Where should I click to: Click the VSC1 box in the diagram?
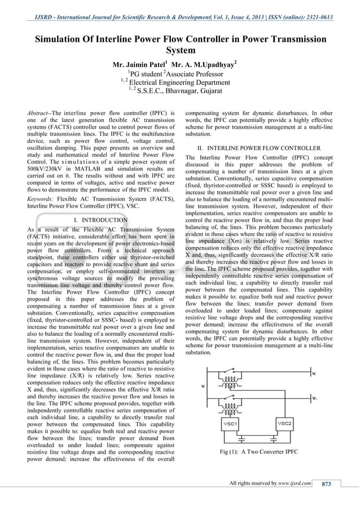pos(230,423)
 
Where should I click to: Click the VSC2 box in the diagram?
pos(284,423)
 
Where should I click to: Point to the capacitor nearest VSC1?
pos(242,437)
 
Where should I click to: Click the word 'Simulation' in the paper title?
pos(63,40)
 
